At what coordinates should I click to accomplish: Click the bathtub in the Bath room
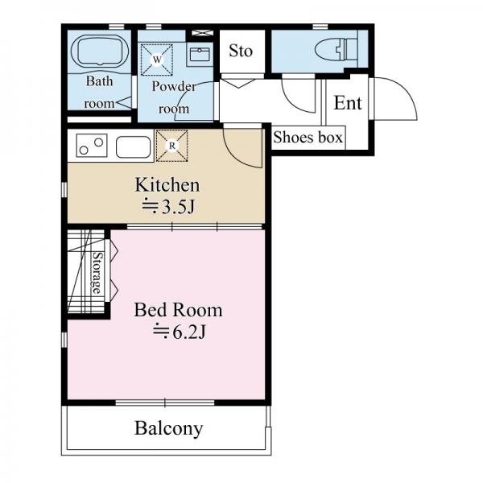point(100,51)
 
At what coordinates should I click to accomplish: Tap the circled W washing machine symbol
point(157,60)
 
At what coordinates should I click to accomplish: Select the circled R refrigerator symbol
point(172,146)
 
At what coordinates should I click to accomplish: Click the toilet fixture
point(336,49)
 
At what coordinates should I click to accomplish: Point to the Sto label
point(241,51)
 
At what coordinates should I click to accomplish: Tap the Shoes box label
point(308,138)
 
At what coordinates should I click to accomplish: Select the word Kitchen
point(167,185)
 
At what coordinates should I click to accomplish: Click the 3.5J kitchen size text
point(168,207)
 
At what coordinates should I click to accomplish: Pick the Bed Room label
point(178,310)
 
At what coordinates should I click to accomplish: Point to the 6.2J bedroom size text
point(180,332)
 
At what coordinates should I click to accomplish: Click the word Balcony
point(169,429)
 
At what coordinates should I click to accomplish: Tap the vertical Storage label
point(97,273)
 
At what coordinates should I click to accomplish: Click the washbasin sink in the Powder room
point(200,55)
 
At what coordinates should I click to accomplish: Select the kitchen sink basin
point(134,147)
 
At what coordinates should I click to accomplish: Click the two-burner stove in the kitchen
point(92,146)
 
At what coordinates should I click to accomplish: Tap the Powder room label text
point(174,97)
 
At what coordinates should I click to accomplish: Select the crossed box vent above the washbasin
point(202,33)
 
